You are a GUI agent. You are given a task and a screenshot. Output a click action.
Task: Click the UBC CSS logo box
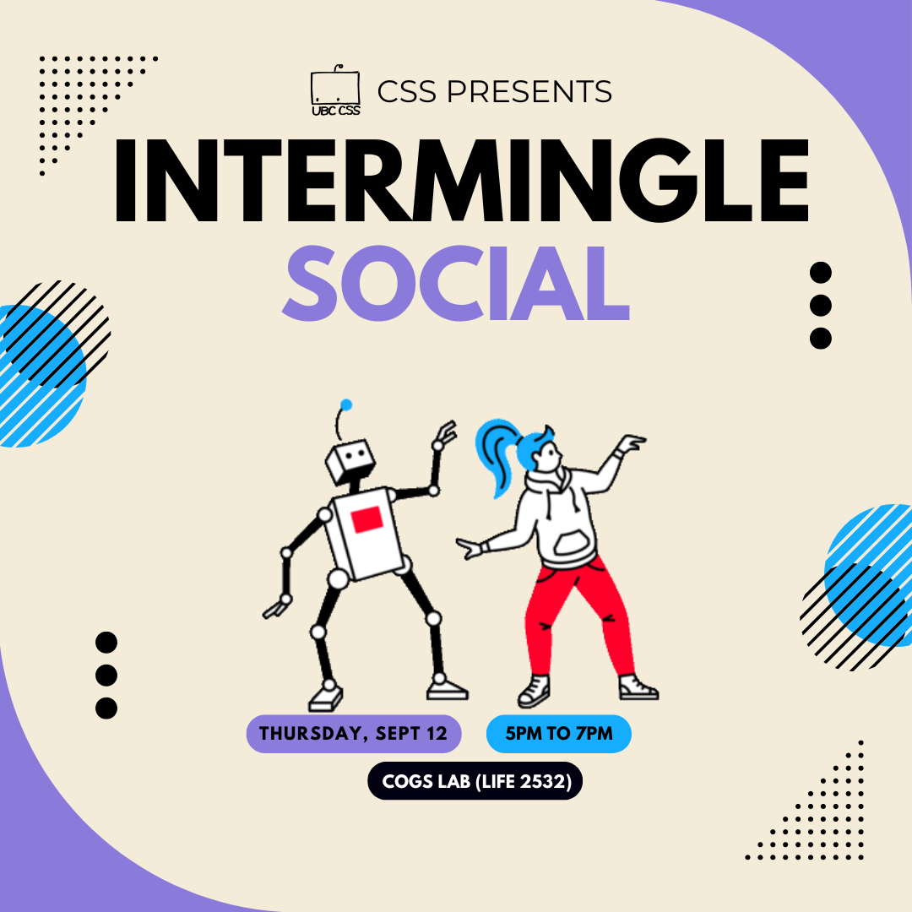click(x=335, y=90)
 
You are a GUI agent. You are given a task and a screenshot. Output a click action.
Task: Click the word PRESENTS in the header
click(x=529, y=91)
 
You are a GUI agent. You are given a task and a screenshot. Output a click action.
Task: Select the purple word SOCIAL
click(x=455, y=283)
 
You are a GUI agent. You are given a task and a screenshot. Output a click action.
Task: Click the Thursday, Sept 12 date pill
click(x=354, y=734)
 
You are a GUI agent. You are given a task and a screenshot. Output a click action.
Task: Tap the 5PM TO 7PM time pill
click(x=559, y=734)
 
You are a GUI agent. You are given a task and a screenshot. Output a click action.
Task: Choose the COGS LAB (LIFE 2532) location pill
click(x=475, y=781)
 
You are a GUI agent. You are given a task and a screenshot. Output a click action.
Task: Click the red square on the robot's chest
click(x=366, y=518)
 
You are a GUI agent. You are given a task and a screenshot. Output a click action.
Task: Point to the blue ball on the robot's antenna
click(x=346, y=404)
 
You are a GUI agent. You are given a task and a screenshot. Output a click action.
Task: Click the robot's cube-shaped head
click(x=349, y=462)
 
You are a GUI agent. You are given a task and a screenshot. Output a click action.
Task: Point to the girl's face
click(x=547, y=457)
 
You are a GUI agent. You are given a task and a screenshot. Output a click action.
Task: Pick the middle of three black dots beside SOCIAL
click(x=821, y=306)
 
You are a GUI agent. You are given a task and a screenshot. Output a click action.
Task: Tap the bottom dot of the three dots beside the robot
click(x=106, y=708)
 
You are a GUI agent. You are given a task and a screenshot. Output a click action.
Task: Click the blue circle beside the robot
click(x=41, y=376)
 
